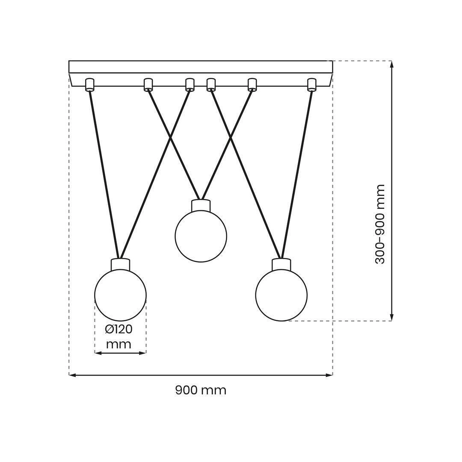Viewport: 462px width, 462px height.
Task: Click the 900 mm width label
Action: (201, 391)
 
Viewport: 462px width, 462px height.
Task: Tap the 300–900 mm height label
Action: (380, 224)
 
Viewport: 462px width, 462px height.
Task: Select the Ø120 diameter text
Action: (119, 329)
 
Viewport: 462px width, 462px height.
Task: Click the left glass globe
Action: (120, 295)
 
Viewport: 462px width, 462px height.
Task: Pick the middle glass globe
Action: (201, 236)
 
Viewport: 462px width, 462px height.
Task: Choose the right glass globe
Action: (281, 295)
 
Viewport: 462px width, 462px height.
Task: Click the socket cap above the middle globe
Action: (201, 205)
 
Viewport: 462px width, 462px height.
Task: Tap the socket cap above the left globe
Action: (121, 264)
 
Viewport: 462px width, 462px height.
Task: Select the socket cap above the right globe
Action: (281, 264)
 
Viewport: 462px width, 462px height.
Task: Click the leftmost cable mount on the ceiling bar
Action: (89, 85)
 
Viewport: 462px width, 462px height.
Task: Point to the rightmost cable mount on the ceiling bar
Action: (312, 85)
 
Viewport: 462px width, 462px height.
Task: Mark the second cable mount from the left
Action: (148, 85)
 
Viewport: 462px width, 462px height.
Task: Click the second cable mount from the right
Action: (252, 85)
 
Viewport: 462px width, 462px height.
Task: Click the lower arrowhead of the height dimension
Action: (391, 317)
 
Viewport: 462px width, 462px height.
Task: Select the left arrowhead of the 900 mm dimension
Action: (72, 375)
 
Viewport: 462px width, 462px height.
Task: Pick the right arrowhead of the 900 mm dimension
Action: (329, 375)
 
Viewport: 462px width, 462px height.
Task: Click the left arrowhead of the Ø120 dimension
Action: (98, 352)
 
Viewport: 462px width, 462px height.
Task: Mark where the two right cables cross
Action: (231, 138)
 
